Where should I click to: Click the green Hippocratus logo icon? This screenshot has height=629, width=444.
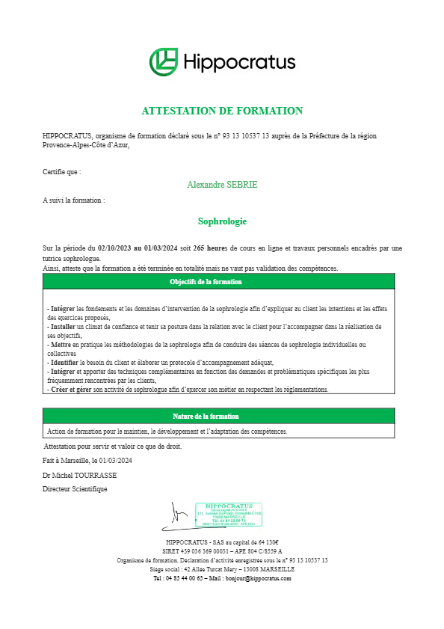164,61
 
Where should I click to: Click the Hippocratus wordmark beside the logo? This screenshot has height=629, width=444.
239,61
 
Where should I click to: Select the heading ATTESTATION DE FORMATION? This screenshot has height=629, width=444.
222,111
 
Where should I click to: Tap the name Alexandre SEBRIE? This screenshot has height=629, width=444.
222,184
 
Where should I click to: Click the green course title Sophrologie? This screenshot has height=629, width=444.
222,221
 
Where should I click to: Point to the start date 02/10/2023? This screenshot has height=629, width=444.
114,248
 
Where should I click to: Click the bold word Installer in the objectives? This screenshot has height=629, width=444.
62,327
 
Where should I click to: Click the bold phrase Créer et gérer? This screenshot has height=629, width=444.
72,389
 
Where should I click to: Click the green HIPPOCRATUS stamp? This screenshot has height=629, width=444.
229,515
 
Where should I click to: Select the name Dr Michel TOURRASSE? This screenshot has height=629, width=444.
80,475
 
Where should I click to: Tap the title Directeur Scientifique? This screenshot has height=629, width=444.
75,488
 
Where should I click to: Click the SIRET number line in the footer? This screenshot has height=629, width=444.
222,551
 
